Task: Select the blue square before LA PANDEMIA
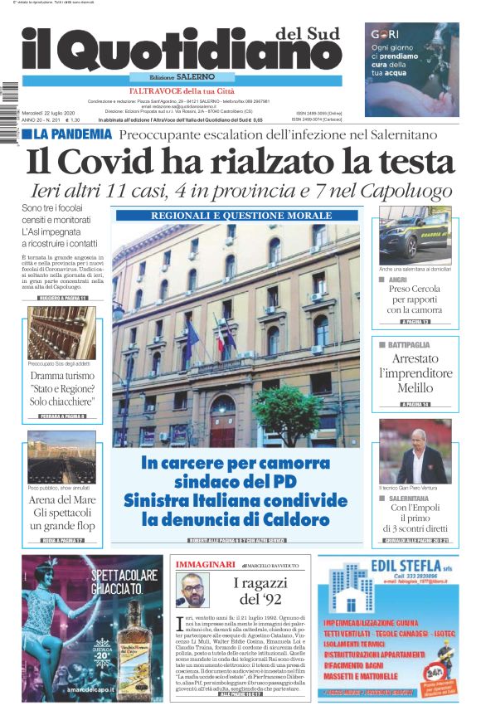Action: pyautogui.click(x=27, y=134)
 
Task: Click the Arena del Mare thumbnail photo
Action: pyautogui.click(x=61, y=456)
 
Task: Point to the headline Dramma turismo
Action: pyautogui.click(x=61, y=377)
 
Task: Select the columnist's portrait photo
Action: pyautogui.click(x=195, y=591)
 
